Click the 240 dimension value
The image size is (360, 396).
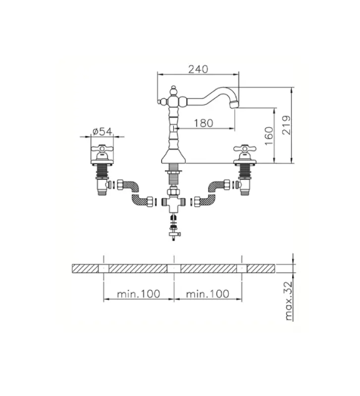[x=198, y=69]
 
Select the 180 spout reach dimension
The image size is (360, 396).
[x=204, y=123]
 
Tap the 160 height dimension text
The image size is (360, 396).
[x=269, y=136]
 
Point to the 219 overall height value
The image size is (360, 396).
[x=286, y=125]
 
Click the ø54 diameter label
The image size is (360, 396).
[x=102, y=131]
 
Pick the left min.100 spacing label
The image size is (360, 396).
[x=139, y=294]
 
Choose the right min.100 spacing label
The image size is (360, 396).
[x=207, y=294]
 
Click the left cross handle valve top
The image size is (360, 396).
[x=102, y=149]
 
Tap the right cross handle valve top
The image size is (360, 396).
[x=245, y=149]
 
